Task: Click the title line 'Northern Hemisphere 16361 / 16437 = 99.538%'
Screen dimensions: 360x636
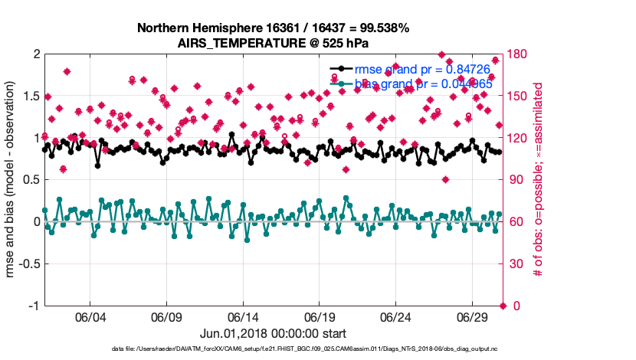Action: pyautogui.click(x=274, y=28)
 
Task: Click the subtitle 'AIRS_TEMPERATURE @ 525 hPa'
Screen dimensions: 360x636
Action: pyautogui.click(x=274, y=43)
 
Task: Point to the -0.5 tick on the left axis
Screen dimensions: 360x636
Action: pyautogui.click(x=28, y=264)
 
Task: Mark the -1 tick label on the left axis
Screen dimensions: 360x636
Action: pyautogui.click(x=33, y=306)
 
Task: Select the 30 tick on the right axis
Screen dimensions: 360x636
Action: pyautogui.click(x=515, y=264)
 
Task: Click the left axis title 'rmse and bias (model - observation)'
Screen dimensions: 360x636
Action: pyautogui.click(x=11, y=180)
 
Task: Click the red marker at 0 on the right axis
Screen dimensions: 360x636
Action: pyautogui.click(x=503, y=306)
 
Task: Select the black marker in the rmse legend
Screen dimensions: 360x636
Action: pyautogui.click(x=336, y=70)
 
